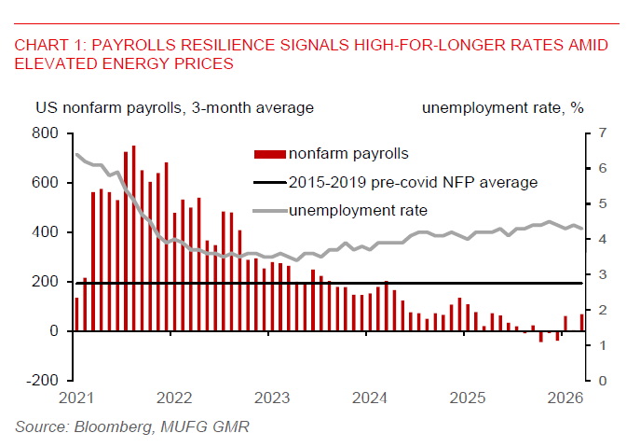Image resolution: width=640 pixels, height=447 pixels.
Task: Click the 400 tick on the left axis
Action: (x=45, y=231)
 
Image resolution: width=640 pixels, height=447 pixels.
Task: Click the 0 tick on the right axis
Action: (x=603, y=381)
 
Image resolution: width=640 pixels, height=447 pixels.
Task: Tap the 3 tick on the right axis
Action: (x=603, y=274)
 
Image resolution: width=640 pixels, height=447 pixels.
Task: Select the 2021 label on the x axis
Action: (x=76, y=398)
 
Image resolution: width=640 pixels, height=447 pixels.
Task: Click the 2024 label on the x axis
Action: (x=370, y=398)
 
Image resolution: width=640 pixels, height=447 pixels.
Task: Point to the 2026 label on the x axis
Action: (x=565, y=398)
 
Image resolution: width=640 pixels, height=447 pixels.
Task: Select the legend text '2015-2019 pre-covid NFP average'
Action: (x=413, y=181)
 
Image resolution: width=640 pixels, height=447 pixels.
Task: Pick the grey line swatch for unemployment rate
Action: (x=269, y=209)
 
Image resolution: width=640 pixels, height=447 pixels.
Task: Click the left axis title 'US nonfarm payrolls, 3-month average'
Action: (x=174, y=107)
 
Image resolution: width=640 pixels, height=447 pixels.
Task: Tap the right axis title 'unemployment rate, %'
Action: (x=502, y=107)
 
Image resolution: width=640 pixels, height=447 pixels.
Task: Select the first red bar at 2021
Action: (x=76, y=314)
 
